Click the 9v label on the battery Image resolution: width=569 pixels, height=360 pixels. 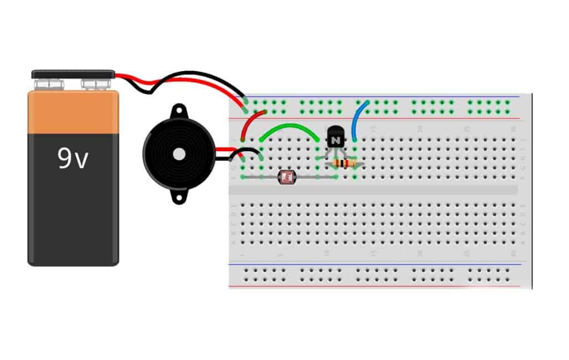(x=73, y=159)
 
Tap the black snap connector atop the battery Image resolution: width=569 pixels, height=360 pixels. (x=73, y=74)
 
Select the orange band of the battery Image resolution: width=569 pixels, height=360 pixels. (x=73, y=113)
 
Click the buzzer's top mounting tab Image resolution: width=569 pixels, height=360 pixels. (x=178, y=110)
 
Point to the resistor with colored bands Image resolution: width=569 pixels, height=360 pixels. (x=345, y=163)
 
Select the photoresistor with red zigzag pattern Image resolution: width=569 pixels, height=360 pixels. (x=286, y=177)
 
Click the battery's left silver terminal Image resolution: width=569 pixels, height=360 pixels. (x=48, y=84)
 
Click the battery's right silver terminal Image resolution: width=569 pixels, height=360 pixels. (x=96, y=84)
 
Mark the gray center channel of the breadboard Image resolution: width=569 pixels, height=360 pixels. (x=372, y=190)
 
